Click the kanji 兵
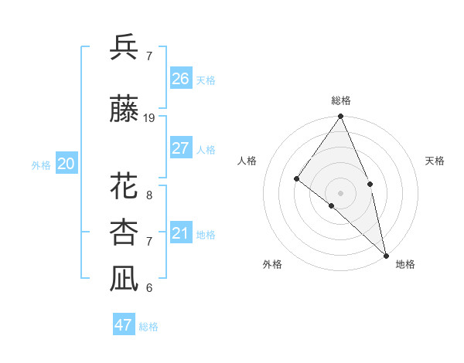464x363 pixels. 124,48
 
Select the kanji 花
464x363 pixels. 124,186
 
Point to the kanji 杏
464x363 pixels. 124,232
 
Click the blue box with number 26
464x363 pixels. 181,78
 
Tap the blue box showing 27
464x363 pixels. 181,148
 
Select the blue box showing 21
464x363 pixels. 181,233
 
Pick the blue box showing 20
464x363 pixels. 67,164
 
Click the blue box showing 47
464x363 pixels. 124,325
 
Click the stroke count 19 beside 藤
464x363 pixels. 149,118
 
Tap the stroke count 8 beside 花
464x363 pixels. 149,195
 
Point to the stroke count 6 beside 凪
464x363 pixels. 149,288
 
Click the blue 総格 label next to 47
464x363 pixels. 148,327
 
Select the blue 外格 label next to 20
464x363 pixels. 41,165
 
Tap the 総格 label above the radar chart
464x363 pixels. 341,100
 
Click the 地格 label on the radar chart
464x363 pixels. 405,265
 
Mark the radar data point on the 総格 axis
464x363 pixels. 341,117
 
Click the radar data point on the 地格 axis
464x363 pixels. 386,254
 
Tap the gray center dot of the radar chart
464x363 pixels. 340,192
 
